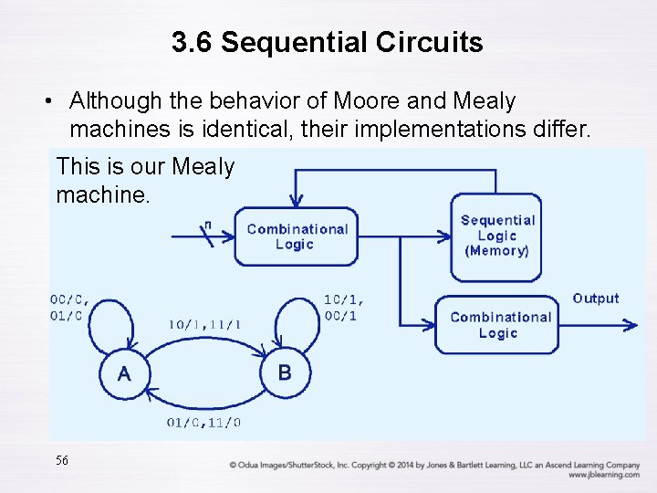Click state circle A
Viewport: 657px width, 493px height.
124,373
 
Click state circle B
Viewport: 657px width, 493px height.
285,372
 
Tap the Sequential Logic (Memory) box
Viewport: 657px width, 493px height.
496,236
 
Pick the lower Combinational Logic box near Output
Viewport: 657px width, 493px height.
497,325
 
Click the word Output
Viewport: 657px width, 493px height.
595,299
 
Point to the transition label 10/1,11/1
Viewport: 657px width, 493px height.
205,323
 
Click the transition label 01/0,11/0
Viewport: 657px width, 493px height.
203,422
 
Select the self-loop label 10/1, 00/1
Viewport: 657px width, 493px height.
344,307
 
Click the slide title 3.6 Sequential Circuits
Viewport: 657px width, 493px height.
328,42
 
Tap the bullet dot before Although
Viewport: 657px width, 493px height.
56,101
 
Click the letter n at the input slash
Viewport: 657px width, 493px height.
207,225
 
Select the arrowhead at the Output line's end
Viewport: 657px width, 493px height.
632,324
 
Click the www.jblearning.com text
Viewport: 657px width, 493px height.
603,475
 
